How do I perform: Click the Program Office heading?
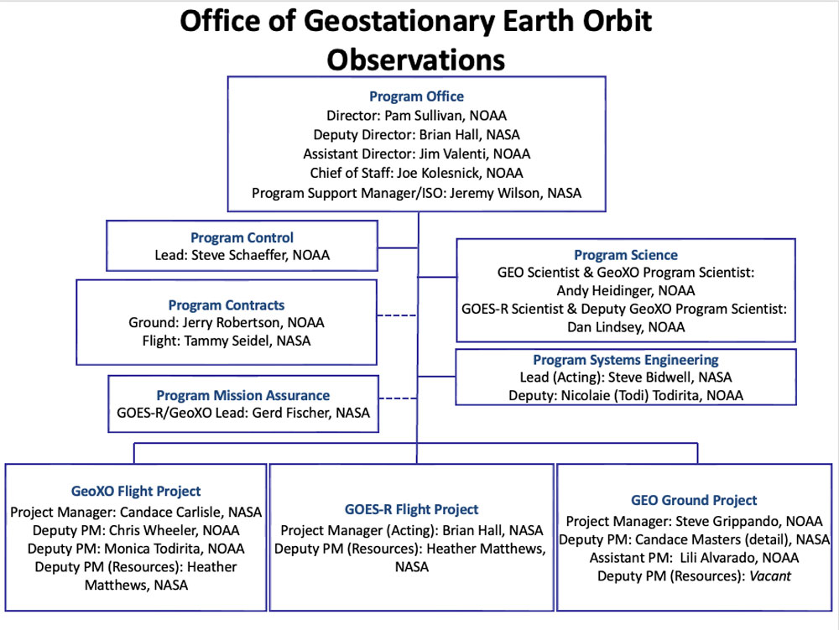point(416,96)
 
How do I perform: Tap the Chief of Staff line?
point(416,173)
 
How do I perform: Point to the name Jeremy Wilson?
point(494,193)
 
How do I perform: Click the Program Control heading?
point(242,237)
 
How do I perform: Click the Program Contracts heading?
point(227,305)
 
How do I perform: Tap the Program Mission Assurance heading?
point(243,395)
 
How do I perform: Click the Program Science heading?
point(626,254)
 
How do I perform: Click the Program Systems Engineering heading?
point(626,359)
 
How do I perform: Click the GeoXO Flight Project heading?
point(136,491)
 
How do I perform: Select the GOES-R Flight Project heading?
point(411,509)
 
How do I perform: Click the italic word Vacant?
point(770,576)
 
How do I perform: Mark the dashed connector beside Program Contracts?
point(397,315)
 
